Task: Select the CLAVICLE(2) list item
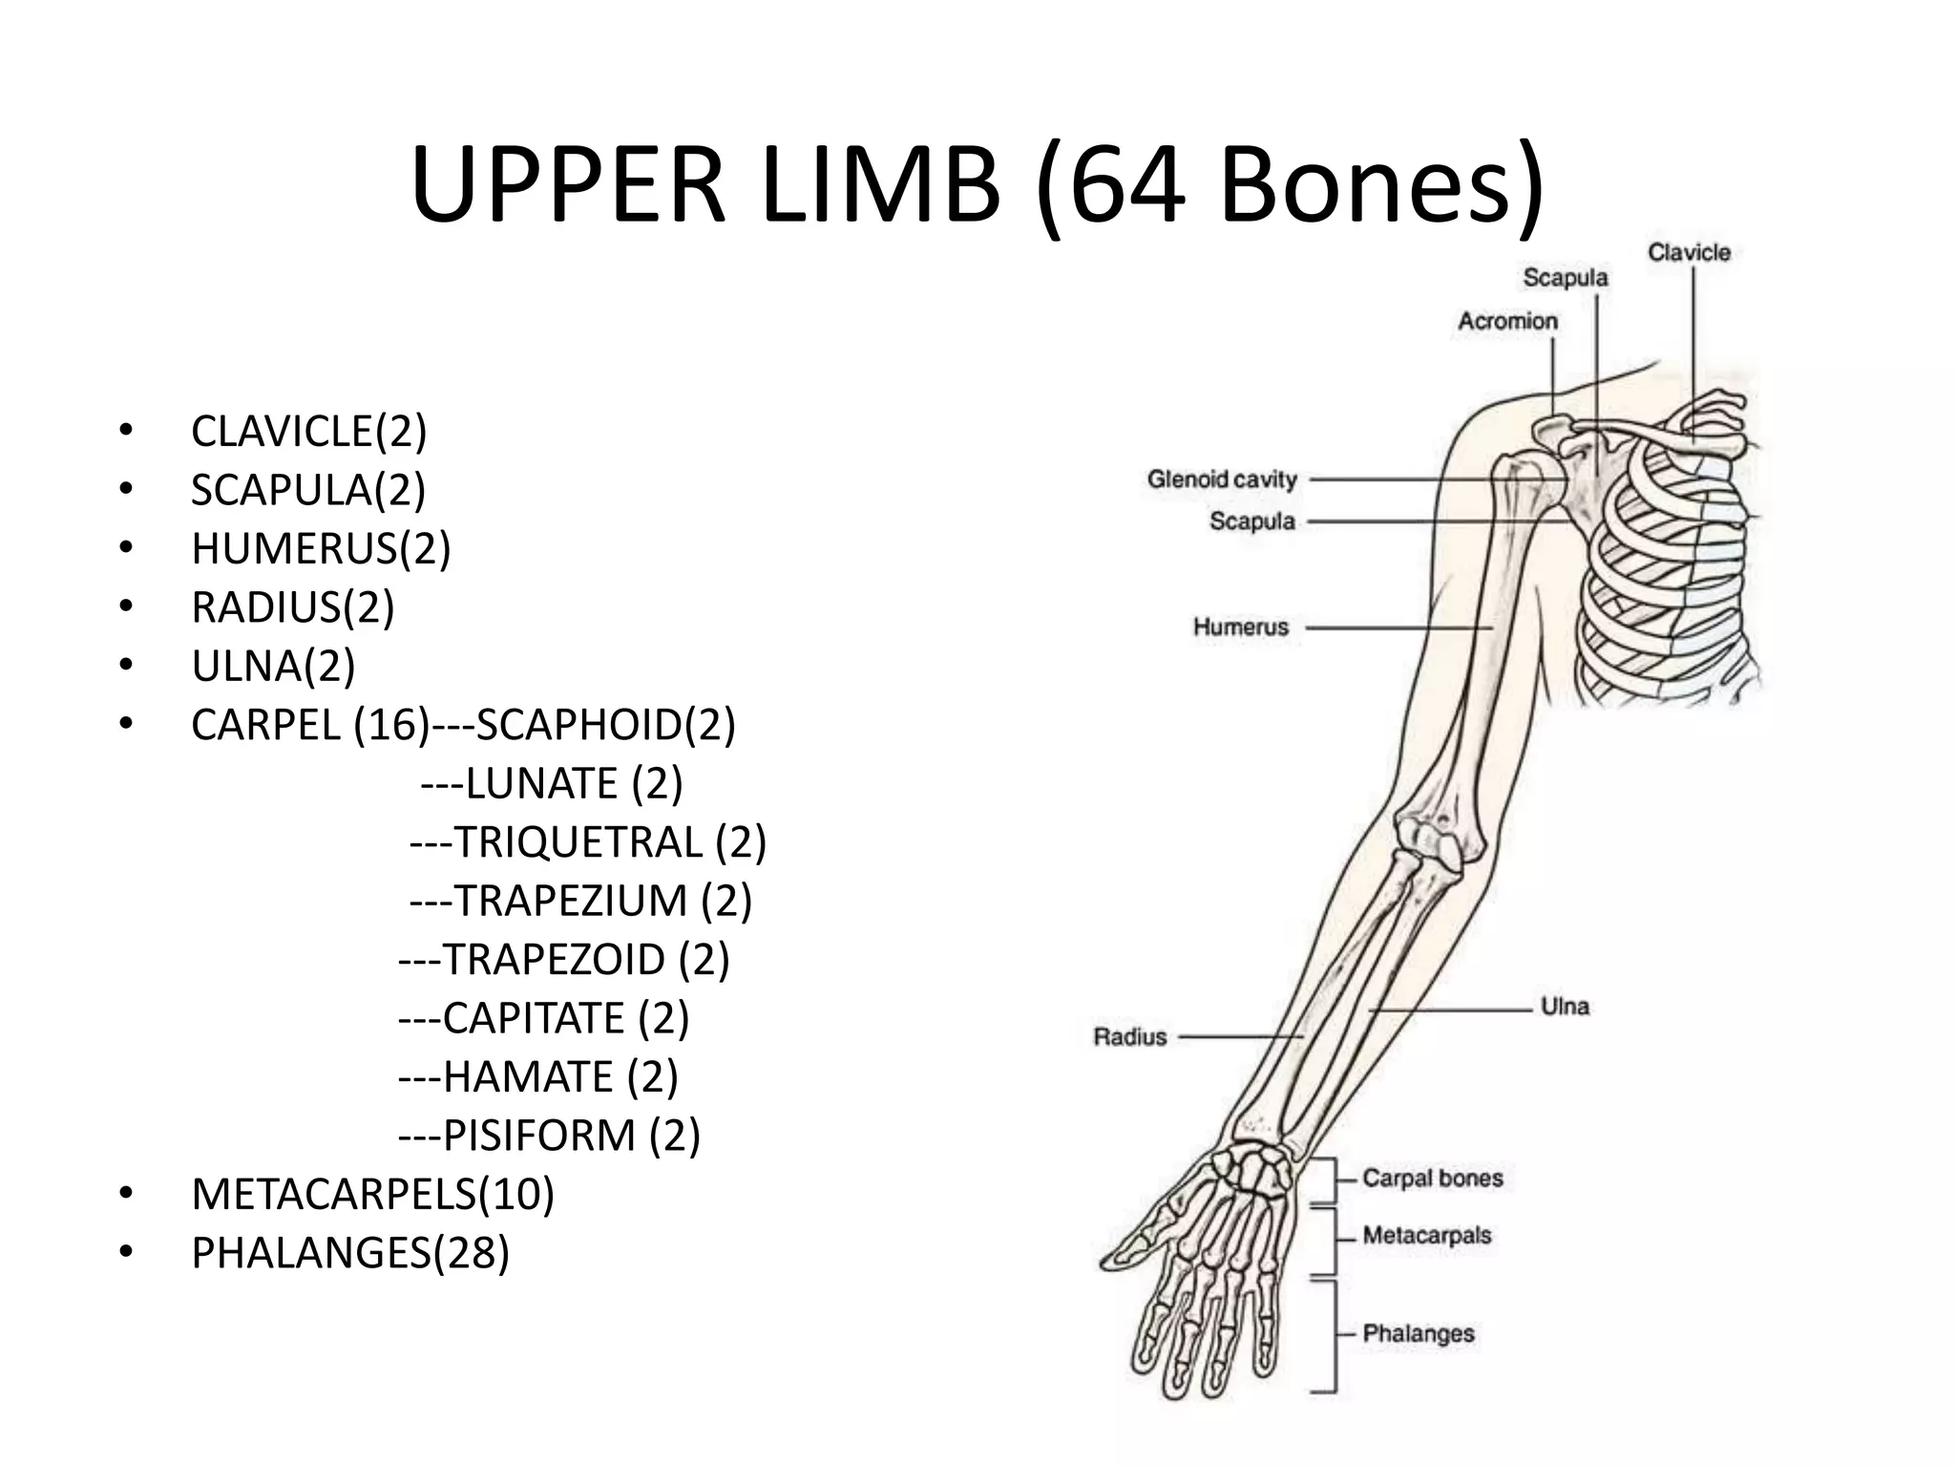tap(308, 431)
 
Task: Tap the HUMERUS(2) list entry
tap(321, 548)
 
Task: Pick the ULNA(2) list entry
tap(273, 666)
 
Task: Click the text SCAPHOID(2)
tap(605, 725)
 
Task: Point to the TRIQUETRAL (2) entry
tap(587, 842)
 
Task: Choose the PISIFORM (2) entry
tap(549, 1136)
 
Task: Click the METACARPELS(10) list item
tap(372, 1194)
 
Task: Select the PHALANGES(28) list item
tap(350, 1253)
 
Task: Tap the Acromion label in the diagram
tap(1507, 322)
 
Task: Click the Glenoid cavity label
tap(1222, 478)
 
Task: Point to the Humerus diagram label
tap(1240, 627)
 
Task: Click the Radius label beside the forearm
tap(1130, 1036)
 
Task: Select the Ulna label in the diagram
tap(1565, 1006)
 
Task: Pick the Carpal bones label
tap(1432, 1179)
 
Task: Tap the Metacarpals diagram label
tap(1426, 1236)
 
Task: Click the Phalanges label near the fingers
tap(1418, 1333)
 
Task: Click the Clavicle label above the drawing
tap(1689, 253)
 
